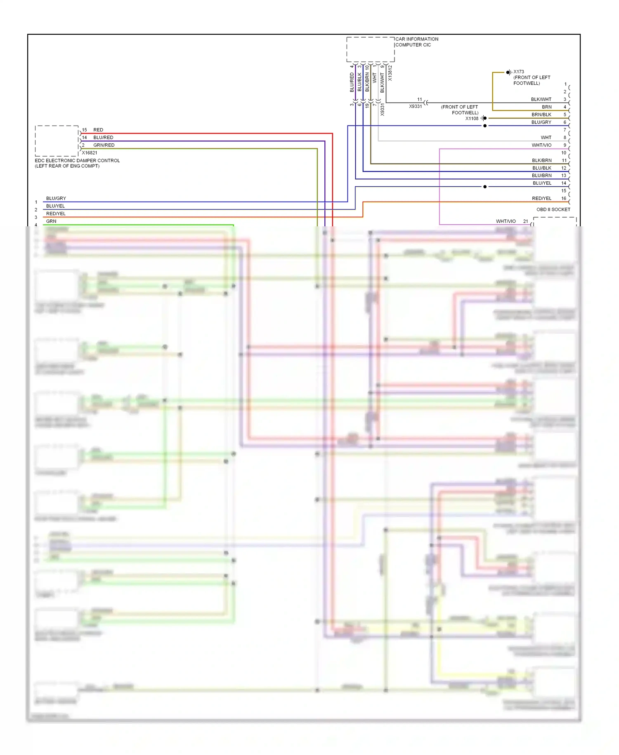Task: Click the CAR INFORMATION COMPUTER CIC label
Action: (416, 42)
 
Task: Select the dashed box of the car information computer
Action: (370, 50)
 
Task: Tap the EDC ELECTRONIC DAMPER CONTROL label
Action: (77, 161)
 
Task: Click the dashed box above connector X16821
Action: (57, 141)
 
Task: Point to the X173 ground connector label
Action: (519, 72)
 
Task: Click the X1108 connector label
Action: (472, 119)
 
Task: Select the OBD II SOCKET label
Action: (553, 209)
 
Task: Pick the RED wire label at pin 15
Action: (98, 130)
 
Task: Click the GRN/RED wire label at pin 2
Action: (104, 145)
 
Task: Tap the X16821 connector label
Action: (90, 153)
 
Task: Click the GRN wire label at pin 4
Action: (51, 221)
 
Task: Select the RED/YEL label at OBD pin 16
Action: (541, 198)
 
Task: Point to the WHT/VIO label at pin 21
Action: (506, 221)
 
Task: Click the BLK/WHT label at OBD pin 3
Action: (541, 100)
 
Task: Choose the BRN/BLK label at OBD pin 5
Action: (541, 115)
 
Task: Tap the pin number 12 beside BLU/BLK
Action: (564, 168)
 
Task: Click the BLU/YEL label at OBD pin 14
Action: (542, 183)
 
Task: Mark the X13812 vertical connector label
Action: (390, 73)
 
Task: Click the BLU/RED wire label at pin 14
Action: (103, 138)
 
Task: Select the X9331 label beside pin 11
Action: (416, 107)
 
